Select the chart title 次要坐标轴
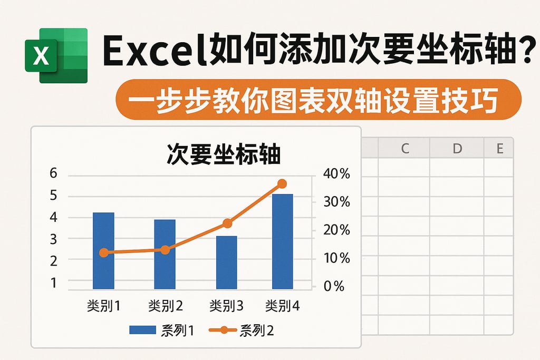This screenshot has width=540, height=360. click(224, 155)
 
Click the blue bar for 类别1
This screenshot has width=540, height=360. click(103, 250)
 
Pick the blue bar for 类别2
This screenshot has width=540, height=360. click(165, 254)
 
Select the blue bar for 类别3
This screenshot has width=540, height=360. click(226, 262)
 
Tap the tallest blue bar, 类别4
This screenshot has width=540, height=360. click(282, 241)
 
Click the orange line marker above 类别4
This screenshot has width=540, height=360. click(282, 184)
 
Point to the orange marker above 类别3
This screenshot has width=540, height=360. click(227, 223)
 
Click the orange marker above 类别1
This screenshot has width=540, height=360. click(103, 252)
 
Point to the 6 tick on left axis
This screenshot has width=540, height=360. click(54, 174)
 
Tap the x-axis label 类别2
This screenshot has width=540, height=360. click(165, 306)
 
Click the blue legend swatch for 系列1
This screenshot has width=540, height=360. click(142, 330)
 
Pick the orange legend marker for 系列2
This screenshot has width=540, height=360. click(224, 330)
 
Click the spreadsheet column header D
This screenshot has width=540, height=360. click(457, 149)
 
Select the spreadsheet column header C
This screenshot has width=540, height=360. click(404, 149)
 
